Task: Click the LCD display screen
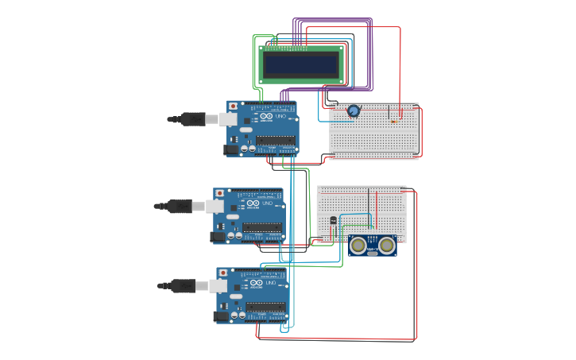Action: tap(301, 64)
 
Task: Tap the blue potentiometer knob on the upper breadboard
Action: tap(353, 111)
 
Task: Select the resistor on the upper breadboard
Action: tap(394, 122)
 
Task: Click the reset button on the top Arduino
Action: tap(232, 106)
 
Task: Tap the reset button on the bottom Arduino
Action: tap(222, 273)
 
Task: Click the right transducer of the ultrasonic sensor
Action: tap(386, 245)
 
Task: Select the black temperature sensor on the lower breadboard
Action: tap(332, 220)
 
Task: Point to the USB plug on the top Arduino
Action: tap(193, 119)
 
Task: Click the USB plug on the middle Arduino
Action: tap(180, 206)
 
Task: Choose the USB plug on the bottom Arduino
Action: tap(184, 286)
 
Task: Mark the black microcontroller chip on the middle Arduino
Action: tap(263, 227)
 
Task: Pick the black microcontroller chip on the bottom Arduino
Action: tap(266, 307)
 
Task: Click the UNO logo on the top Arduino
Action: tap(265, 118)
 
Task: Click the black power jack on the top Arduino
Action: tap(231, 148)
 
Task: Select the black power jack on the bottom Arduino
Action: tap(222, 315)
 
